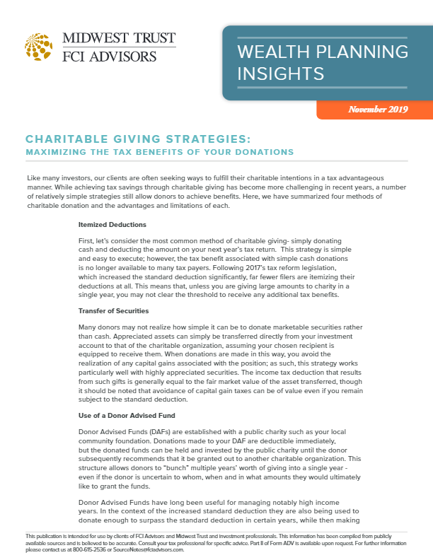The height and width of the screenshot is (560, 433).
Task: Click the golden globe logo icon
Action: [38, 46]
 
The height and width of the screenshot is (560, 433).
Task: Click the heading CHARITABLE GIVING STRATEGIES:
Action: [138, 139]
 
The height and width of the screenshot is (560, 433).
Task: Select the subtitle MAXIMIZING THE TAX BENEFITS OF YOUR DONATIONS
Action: [159, 152]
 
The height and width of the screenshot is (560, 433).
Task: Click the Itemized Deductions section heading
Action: [112, 225]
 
